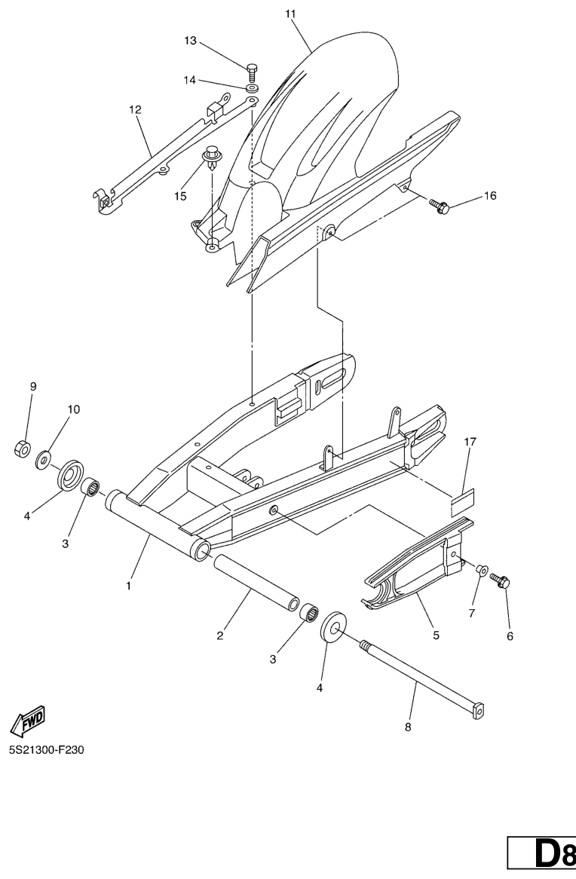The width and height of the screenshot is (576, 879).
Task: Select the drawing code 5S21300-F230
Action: pyautogui.click(x=46, y=749)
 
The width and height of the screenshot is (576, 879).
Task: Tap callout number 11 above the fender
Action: pyautogui.click(x=290, y=14)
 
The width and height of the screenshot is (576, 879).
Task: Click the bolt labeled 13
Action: pyautogui.click(x=251, y=72)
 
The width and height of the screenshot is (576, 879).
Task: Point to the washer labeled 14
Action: pyautogui.click(x=252, y=87)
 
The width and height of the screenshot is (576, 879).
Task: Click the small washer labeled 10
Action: pyautogui.click(x=43, y=460)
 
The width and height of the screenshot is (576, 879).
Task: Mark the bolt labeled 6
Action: pyautogui.click(x=500, y=580)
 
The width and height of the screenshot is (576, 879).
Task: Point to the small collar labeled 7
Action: pyautogui.click(x=481, y=570)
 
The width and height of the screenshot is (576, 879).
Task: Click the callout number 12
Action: pyautogui.click(x=135, y=110)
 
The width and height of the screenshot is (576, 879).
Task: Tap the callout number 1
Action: pyautogui.click(x=128, y=586)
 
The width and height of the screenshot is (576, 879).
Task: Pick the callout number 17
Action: pyautogui.click(x=470, y=443)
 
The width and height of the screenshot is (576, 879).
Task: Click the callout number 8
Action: pyautogui.click(x=408, y=727)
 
